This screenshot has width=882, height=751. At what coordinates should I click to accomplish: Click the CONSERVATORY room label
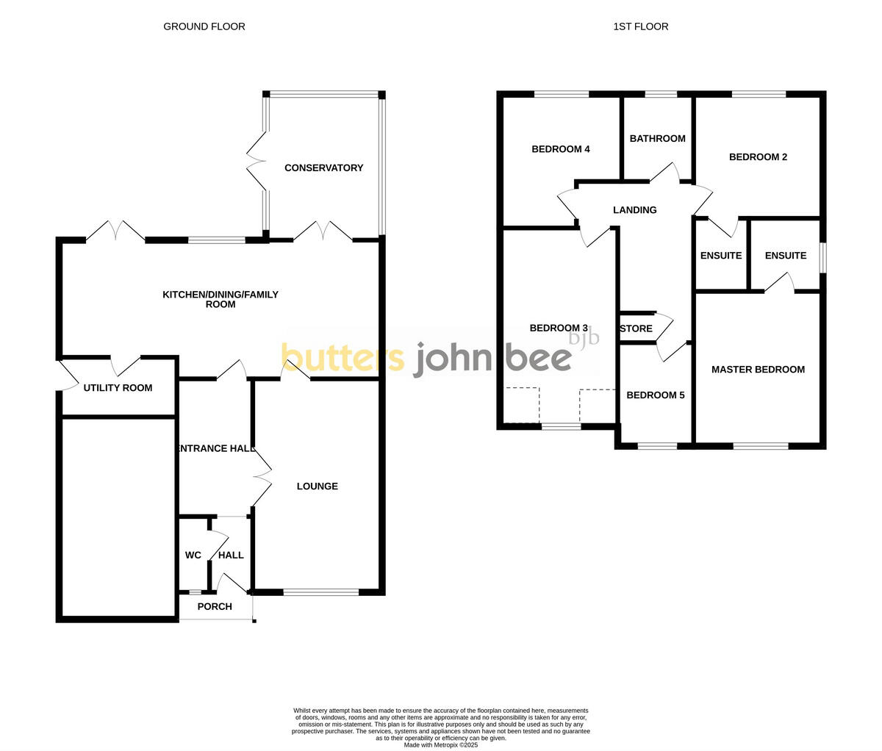pos(323,168)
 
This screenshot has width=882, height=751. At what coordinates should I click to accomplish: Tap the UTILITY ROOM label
pos(118,388)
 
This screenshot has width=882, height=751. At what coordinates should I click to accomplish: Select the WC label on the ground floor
pos(193,556)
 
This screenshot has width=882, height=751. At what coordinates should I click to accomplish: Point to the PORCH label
pos(215,607)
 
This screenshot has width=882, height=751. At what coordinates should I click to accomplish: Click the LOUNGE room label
pos(318,486)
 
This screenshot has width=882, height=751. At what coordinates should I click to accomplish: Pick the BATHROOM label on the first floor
pos(657,139)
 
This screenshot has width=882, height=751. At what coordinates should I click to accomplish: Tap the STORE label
pos(637,329)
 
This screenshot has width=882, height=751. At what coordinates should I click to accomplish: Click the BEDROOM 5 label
pos(655,395)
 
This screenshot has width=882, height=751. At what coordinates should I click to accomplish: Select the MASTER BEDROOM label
pos(758,370)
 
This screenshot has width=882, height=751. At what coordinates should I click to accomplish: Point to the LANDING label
pos(635,210)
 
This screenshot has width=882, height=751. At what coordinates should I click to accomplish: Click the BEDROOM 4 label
pos(561,149)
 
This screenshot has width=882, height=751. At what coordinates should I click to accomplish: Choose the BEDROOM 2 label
pos(758,157)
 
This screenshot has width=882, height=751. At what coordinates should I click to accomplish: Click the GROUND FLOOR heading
pos(204,26)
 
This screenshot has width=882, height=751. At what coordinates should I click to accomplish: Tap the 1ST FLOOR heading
pos(641,26)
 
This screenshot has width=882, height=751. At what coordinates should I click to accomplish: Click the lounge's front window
pos(320,592)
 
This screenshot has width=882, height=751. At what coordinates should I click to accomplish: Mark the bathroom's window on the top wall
pos(661,94)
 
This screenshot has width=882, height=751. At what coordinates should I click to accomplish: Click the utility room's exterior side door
pos(65,375)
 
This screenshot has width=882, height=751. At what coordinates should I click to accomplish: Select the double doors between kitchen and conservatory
pos(323,232)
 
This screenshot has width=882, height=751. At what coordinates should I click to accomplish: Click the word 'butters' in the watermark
pos(343,358)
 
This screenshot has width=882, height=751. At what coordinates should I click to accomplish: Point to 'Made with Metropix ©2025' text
pos(441,744)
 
